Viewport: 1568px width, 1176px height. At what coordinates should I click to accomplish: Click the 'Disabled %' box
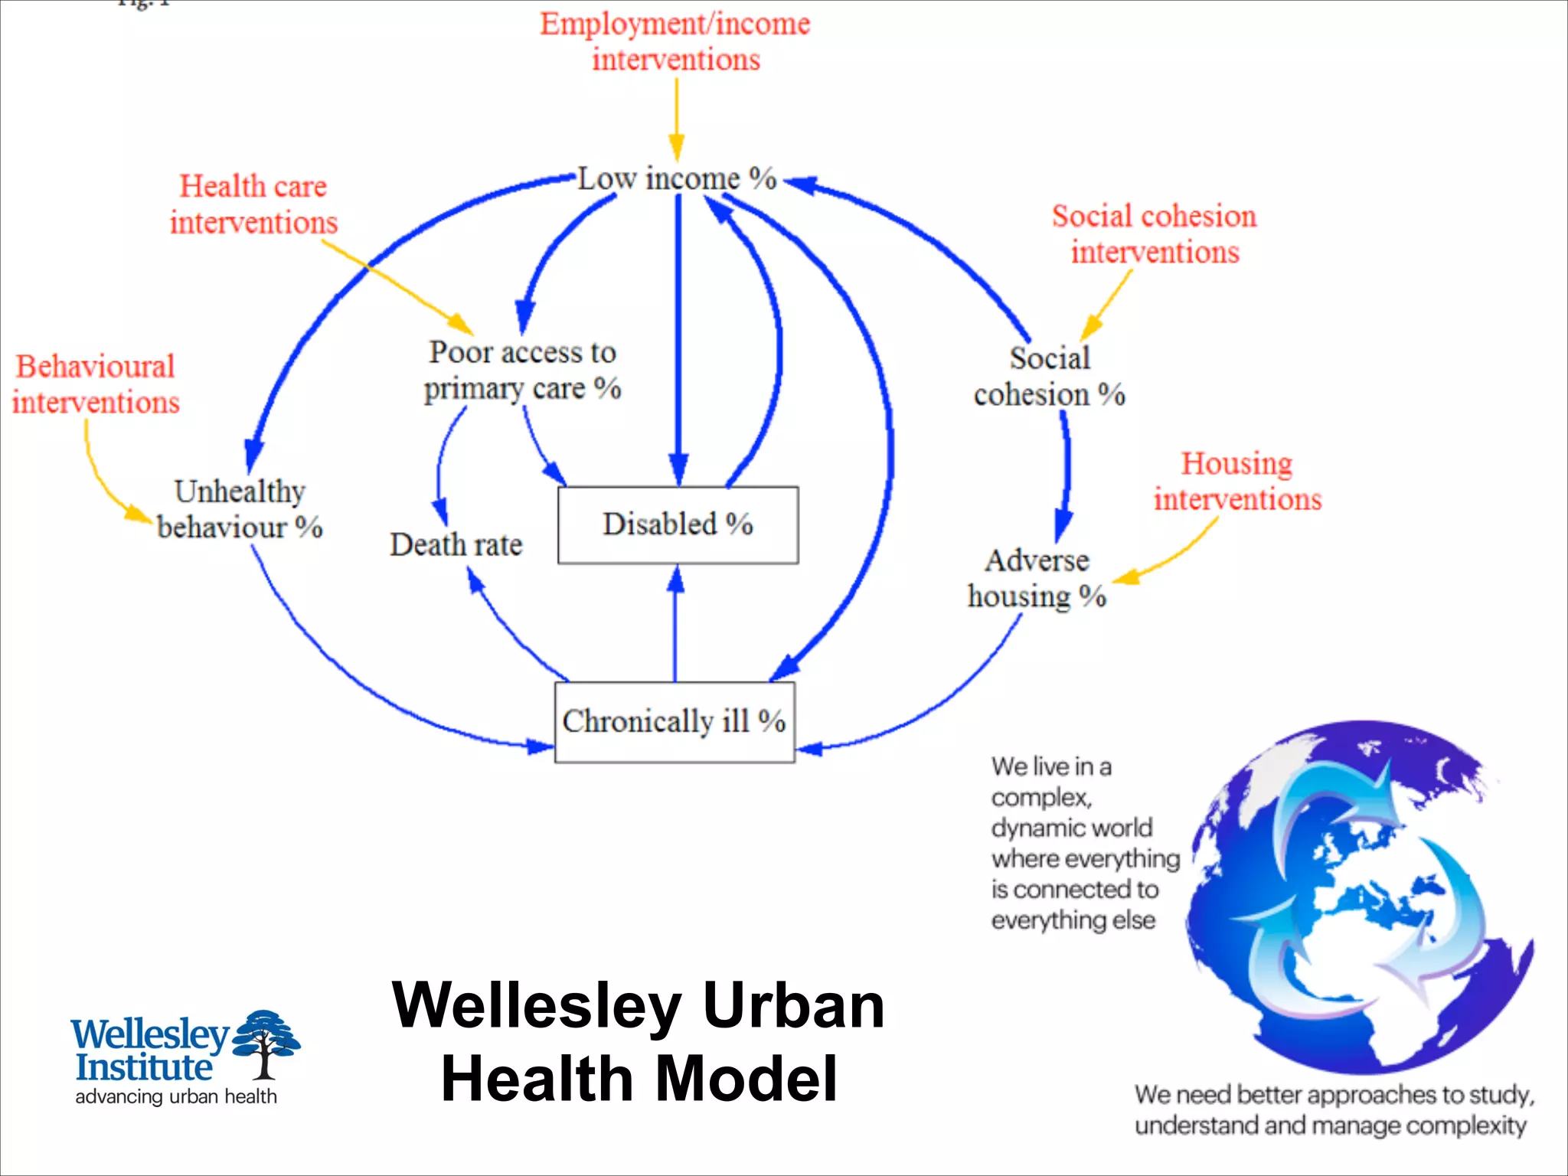678,525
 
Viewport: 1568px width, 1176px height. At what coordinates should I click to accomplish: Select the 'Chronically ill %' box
674,722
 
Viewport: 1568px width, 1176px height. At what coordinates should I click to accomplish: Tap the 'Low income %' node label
677,178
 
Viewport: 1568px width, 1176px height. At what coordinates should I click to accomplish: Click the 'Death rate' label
456,545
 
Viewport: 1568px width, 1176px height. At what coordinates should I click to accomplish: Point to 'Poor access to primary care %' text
522,371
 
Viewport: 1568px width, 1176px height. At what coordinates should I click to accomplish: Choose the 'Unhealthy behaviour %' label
240,509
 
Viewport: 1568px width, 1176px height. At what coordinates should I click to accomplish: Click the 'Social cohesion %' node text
1049,377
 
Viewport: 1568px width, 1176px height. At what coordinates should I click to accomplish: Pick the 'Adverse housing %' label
1037,579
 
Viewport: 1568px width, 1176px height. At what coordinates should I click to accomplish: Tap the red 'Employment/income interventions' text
675,42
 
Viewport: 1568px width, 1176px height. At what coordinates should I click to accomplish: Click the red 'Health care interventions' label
253,204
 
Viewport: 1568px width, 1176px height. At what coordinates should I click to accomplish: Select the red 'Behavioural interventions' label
96,384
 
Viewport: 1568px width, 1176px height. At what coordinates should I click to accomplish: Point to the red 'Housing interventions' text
1237,482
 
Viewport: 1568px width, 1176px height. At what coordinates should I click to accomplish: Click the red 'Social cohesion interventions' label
1155,234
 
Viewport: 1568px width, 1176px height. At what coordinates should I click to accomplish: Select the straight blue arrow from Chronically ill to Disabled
675,624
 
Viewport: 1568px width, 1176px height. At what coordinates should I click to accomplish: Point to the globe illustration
1359,896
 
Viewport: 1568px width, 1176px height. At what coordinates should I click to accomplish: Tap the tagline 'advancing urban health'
176,1096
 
